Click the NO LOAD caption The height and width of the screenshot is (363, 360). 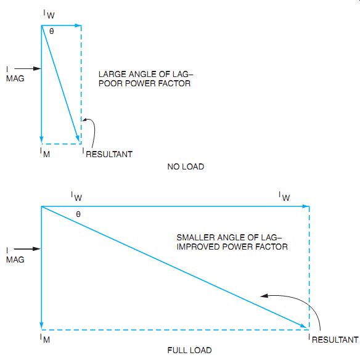point(186,166)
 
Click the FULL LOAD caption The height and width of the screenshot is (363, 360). point(189,350)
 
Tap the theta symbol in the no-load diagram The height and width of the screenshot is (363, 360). point(52,31)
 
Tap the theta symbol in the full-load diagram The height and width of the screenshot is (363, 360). point(78,214)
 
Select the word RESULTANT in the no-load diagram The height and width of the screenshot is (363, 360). point(109,155)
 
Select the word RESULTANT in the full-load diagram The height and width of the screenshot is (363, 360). point(335,340)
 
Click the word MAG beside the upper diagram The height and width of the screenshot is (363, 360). point(15,78)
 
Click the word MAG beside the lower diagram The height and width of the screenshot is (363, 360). point(15,259)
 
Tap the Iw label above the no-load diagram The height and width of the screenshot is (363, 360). point(49,14)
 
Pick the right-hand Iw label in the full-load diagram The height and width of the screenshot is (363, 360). point(284,197)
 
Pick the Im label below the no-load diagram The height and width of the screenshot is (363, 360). point(45,153)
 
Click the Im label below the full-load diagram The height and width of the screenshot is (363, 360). point(45,338)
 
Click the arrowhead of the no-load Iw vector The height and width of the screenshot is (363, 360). point(78,25)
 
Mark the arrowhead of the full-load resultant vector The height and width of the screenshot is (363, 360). point(304,326)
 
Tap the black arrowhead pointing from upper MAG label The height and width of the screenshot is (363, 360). point(37,68)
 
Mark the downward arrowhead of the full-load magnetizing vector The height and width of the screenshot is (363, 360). point(42,325)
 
